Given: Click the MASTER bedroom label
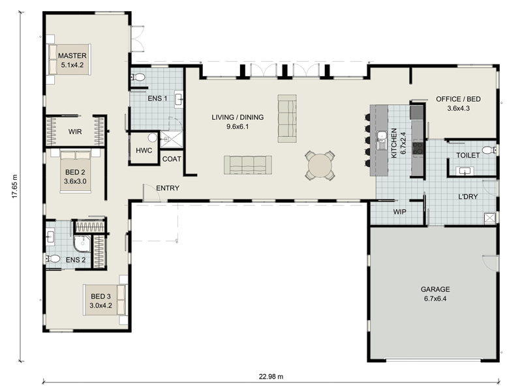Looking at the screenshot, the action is [x=72, y=55].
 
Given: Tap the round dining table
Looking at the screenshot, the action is [x=320, y=166].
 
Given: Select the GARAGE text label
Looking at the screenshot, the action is [x=435, y=289].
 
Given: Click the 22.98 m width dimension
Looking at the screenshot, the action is [x=271, y=377].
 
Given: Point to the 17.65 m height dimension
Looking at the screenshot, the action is [x=14, y=186].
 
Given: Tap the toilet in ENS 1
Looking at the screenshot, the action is [x=138, y=78].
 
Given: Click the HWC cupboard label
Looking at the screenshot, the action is [x=144, y=151].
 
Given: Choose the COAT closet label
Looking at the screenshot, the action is [x=172, y=159].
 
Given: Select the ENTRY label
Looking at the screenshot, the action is [x=168, y=188].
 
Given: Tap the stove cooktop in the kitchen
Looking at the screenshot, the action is [x=418, y=148].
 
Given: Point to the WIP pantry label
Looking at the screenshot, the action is [x=399, y=212].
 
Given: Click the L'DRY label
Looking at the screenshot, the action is [x=468, y=197].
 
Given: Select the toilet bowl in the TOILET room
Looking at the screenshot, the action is [x=489, y=151].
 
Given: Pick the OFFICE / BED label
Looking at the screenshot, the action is [x=459, y=99].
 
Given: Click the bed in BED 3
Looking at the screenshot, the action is [x=105, y=300].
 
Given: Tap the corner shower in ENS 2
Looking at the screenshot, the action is [x=82, y=243].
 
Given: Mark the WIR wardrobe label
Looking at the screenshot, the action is [x=75, y=132].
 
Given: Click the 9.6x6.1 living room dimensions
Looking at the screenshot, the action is [x=238, y=126].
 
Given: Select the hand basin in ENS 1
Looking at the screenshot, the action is [x=179, y=99].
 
